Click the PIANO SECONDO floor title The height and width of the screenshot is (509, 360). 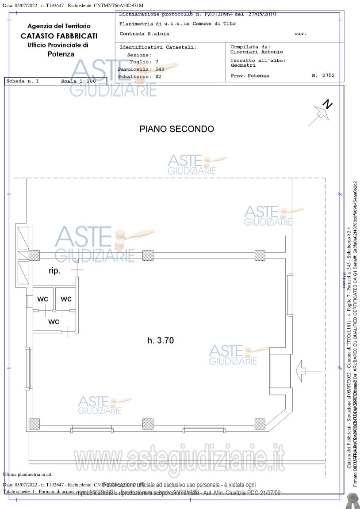point(176,129)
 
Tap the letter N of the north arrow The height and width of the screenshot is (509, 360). point(327,105)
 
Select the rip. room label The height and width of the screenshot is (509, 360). point(55,271)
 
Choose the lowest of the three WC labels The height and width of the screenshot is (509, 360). point(54,322)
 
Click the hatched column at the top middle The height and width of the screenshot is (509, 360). point(148,255)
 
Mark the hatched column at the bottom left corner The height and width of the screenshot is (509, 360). point(34,424)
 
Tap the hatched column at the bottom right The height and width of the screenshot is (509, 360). point(260,424)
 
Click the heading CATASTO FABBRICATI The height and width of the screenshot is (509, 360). point(59,36)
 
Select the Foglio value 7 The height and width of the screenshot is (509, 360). point(157,62)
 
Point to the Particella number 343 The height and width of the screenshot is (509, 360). point(160,69)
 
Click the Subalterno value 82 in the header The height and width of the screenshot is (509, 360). point(158,76)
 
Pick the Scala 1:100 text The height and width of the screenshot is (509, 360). point(78,81)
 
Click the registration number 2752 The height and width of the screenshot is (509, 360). point(328,76)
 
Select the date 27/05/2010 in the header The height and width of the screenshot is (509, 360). point(262,14)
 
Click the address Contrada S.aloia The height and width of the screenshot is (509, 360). point(144,34)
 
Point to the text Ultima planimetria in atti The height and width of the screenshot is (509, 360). point(28,474)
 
